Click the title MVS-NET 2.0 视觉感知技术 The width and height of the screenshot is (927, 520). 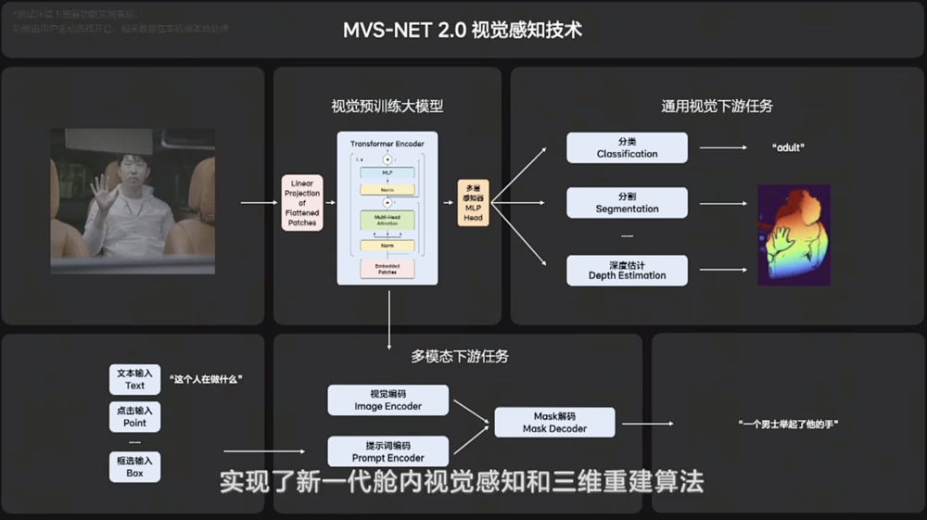463,30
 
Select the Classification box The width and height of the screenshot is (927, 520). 627,147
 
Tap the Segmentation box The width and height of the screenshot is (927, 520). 627,202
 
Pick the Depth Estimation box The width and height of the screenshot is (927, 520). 627,270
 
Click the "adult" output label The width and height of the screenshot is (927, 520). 788,147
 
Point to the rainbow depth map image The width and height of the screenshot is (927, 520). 794,235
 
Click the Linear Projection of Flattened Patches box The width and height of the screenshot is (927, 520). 302,203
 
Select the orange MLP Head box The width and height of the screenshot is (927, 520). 473,202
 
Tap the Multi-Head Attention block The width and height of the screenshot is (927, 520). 387,221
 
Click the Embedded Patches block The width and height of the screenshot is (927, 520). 387,269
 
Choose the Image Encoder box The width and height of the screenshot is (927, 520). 387,400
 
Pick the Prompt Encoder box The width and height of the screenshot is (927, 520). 387,451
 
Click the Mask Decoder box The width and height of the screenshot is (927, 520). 554,423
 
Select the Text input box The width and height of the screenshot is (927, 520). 135,378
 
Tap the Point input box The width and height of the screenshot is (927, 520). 135,416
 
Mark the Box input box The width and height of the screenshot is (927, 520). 135,467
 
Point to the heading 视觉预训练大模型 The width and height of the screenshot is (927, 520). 387,106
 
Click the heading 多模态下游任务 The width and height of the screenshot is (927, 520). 460,356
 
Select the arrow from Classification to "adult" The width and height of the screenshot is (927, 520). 723,147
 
